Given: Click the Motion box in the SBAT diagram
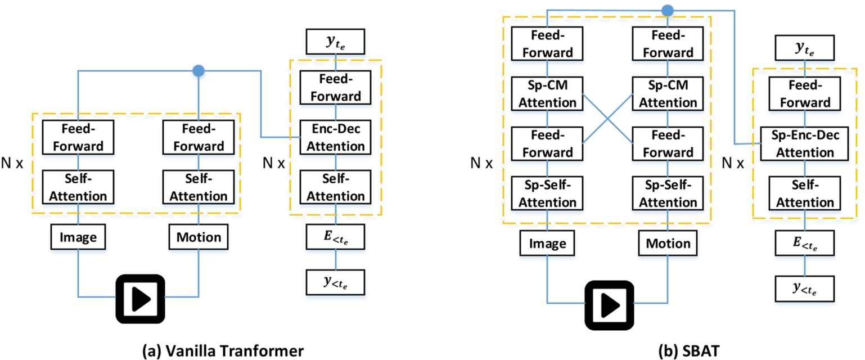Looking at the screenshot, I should coord(668,243).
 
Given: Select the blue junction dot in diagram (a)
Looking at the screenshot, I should coord(198,71).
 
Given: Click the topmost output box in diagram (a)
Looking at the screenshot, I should coord(335,41).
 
